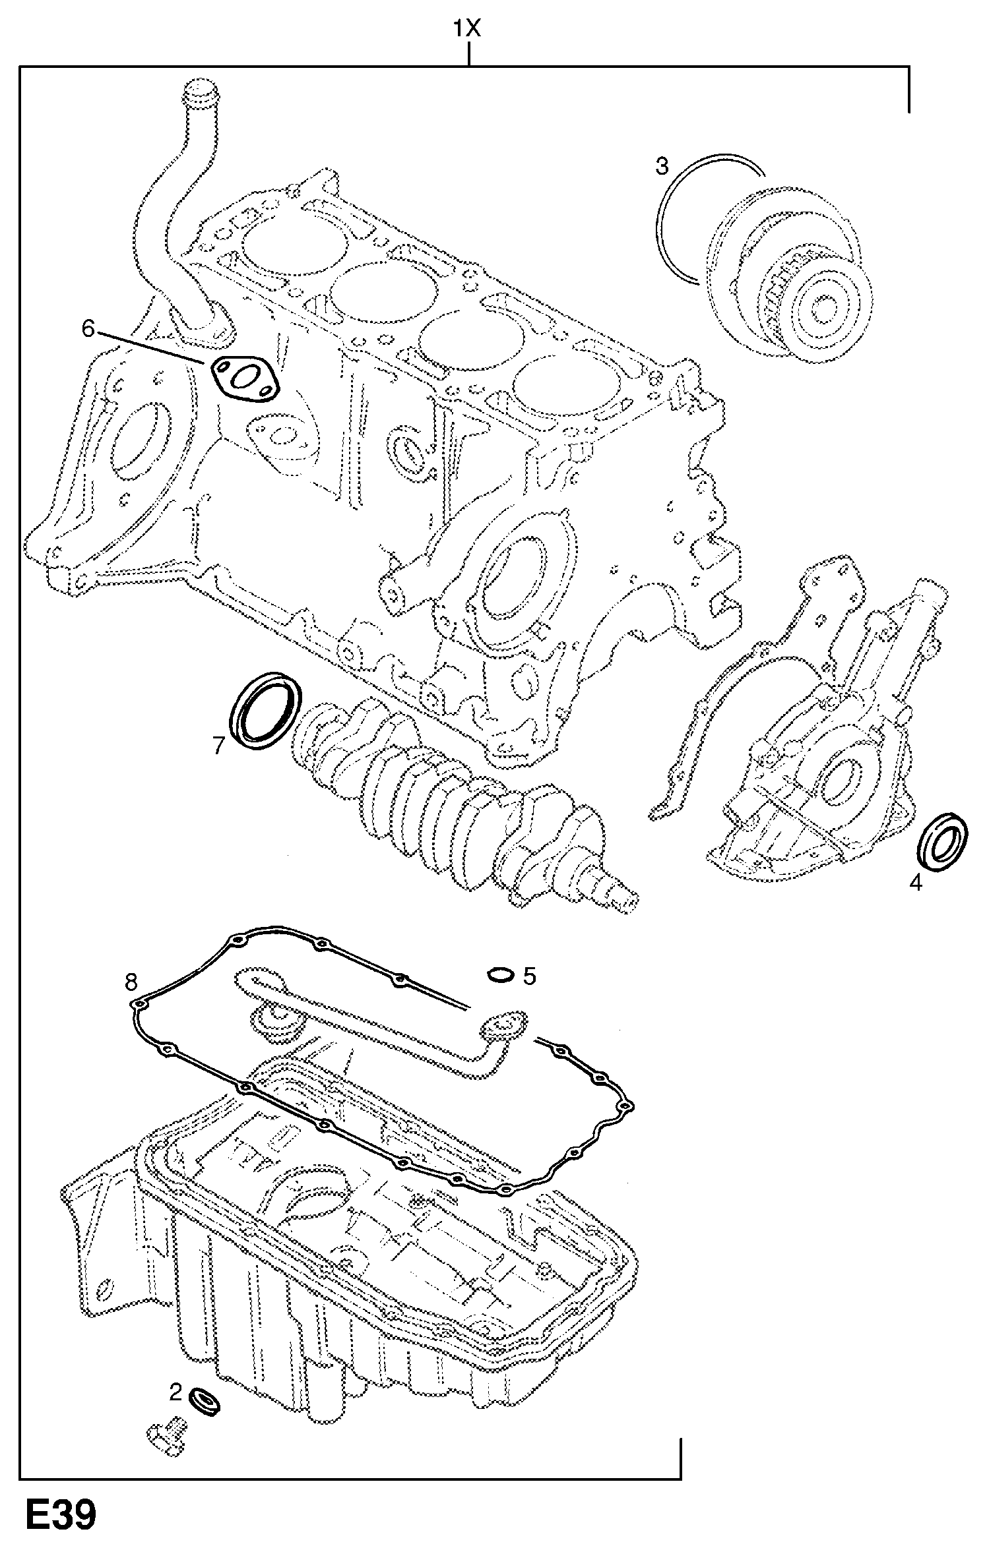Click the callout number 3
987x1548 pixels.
[662, 166]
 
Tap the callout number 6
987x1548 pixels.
[88, 327]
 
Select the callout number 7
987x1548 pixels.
[219, 745]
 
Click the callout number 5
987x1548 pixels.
[530, 976]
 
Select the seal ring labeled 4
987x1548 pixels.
[943, 842]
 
